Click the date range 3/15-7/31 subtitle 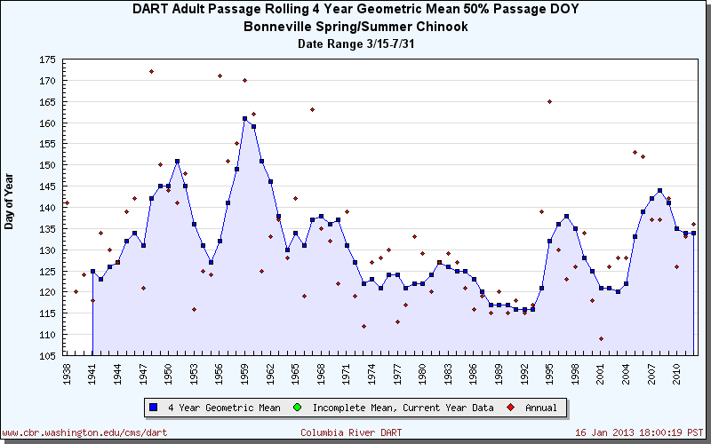point(355,44)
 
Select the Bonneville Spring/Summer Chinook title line point(355,27)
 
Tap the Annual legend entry point(532,408)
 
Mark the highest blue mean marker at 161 point(244,118)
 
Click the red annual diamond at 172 point(151,72)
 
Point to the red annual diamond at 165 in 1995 point(549,101)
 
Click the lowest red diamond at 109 point(601,338)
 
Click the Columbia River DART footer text point(349,432)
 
